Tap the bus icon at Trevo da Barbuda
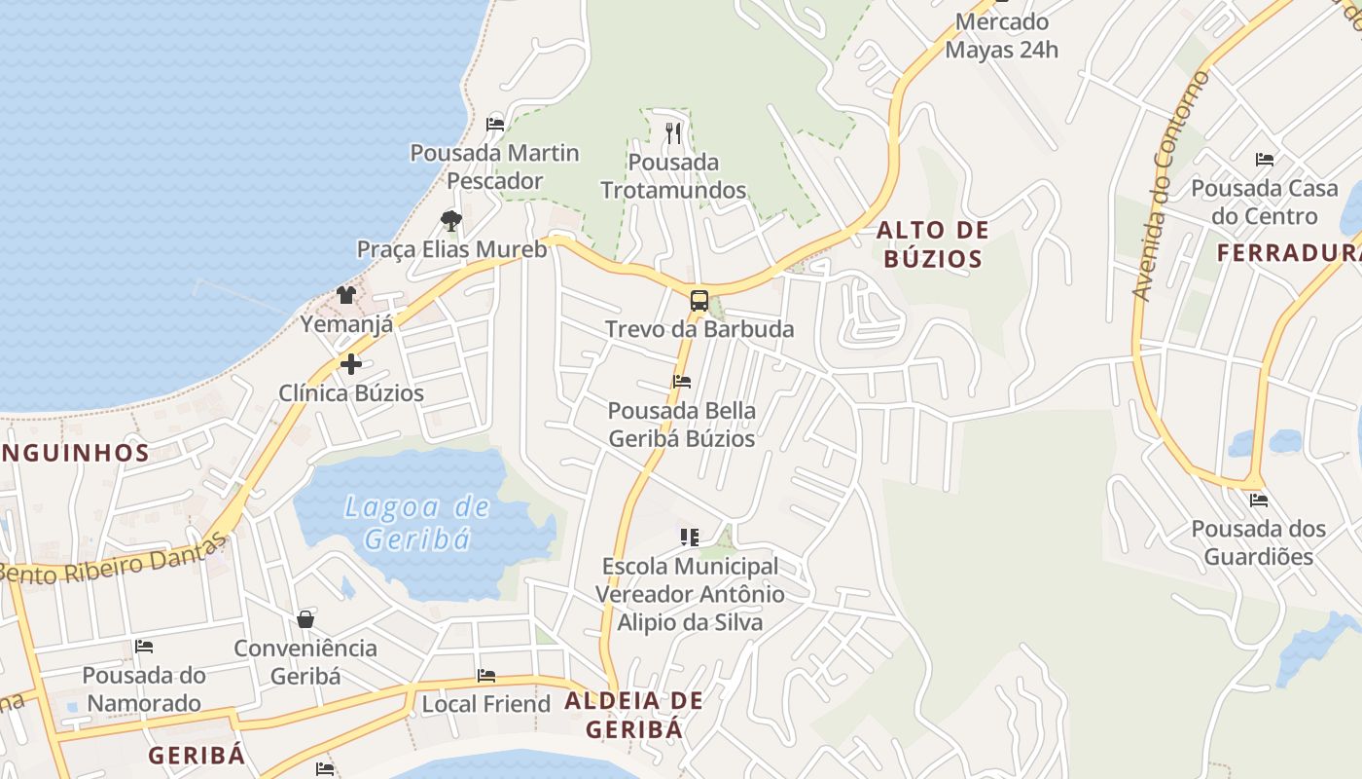(699, 300)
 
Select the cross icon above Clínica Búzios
(351, 365)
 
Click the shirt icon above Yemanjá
(346, 294)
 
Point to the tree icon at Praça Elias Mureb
(450, 220)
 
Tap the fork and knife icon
(673, 132)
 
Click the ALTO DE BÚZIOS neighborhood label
(932, 244)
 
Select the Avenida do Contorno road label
(1170, 185)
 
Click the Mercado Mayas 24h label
(1001, 36)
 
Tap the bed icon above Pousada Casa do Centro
(1264, 159)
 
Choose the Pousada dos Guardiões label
(1259, 542)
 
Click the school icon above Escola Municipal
(690, 537)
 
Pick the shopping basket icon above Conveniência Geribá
(305, 619)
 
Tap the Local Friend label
(485, 704)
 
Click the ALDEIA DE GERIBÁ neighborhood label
(633, 714)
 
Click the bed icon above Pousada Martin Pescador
(495, 124)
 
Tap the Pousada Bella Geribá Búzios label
(681, 425)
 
